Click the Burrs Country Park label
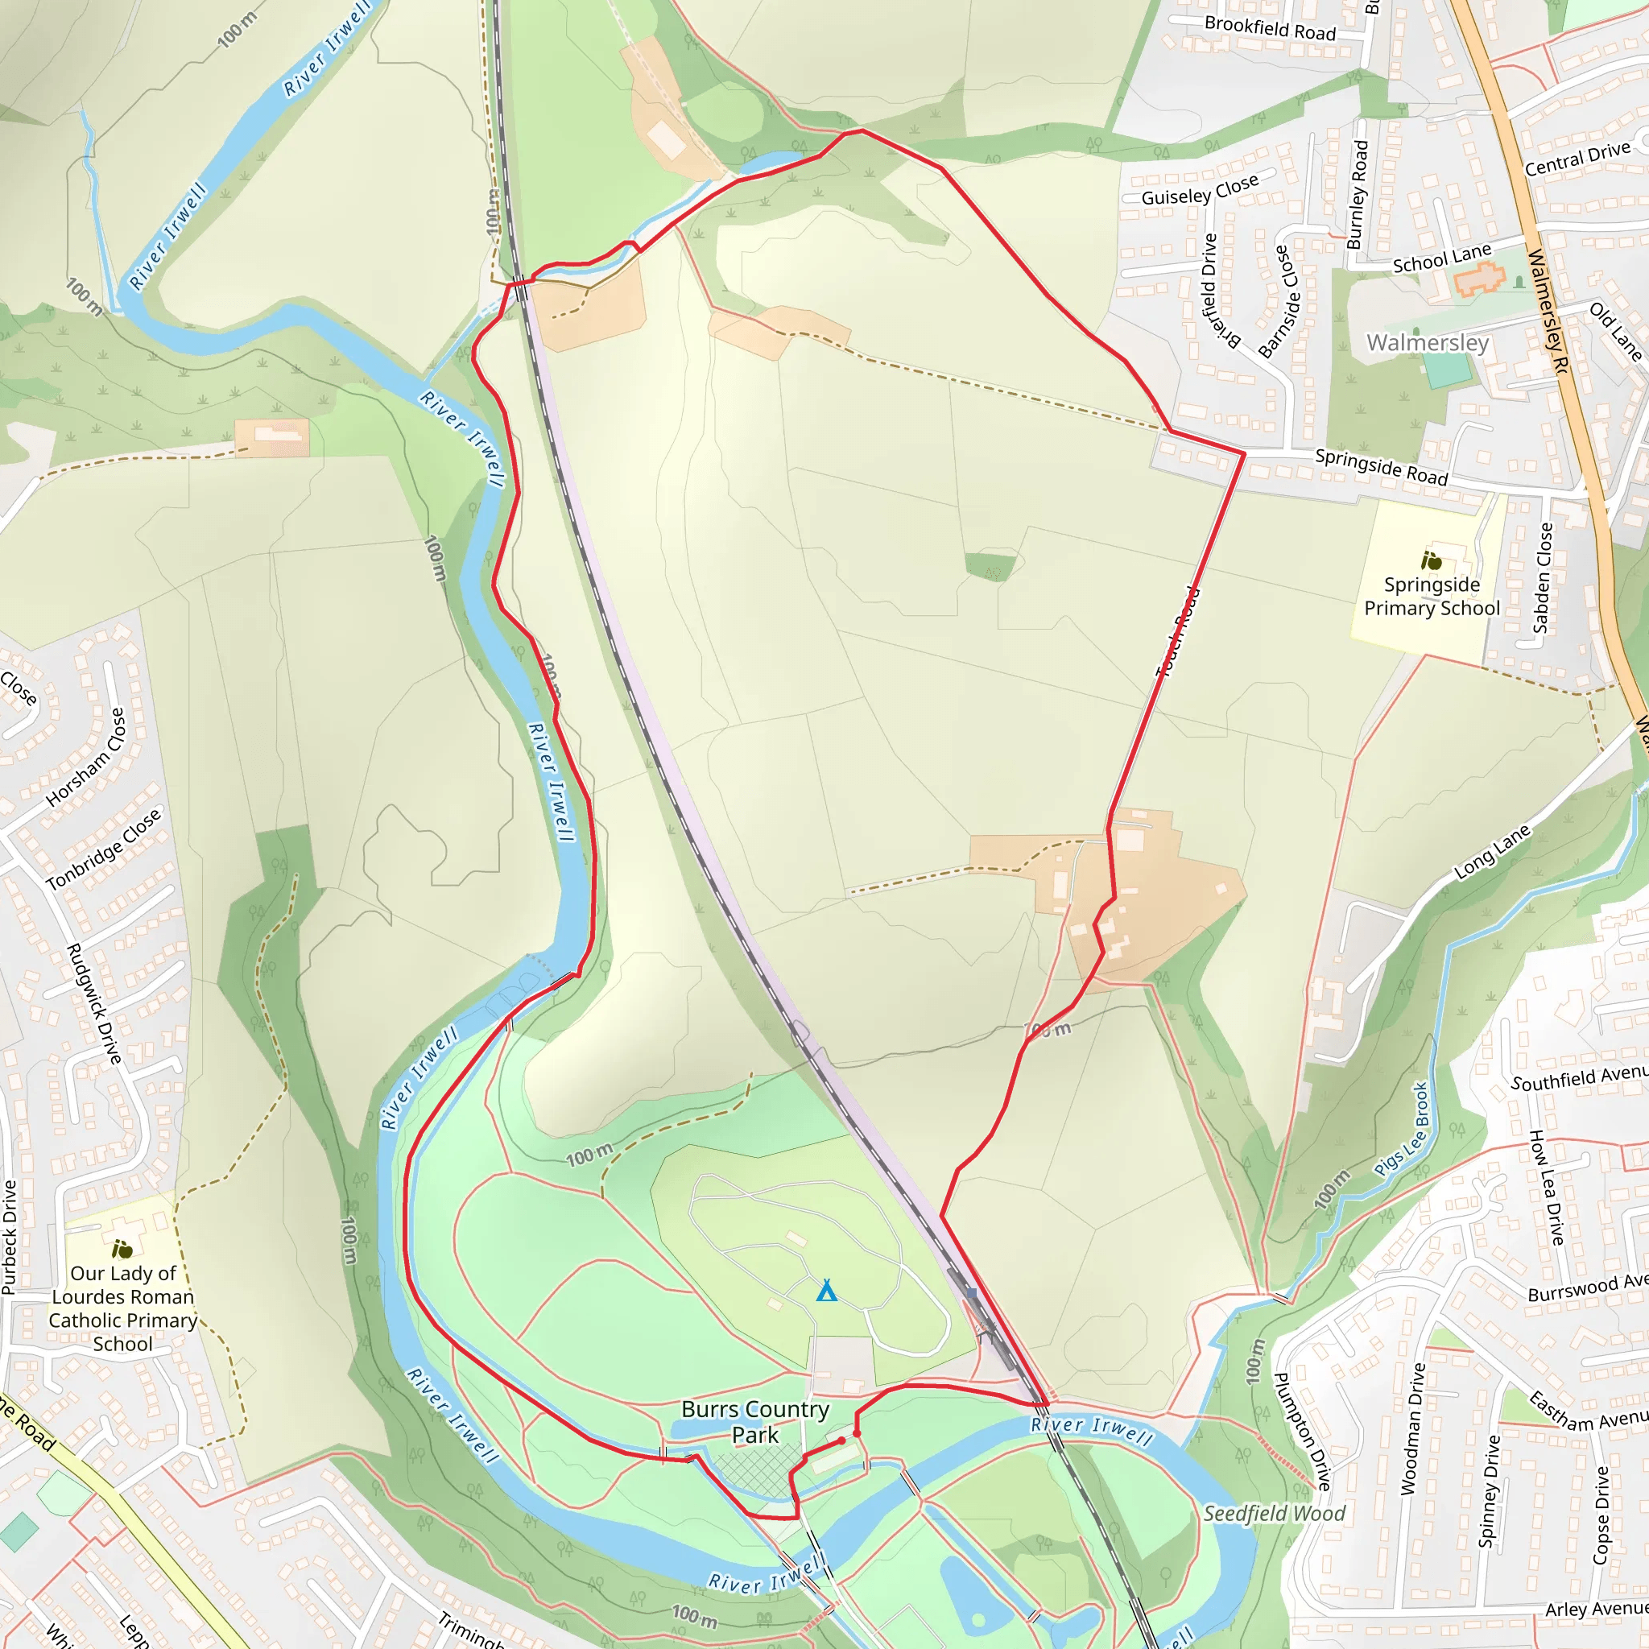[754, 1422]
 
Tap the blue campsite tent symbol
[826, 1291]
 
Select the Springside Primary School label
[1432, 597]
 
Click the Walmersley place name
[1427, 342]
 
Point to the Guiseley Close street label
[1199, 190]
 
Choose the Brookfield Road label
[1269, 28]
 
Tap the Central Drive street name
[1577, 159]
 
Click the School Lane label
[1441, 258]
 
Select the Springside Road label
[1381, 467]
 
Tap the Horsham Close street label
[86, 757]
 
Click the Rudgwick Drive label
[94, 1004]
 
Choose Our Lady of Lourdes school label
[123, 1308]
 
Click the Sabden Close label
[1542, 578]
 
